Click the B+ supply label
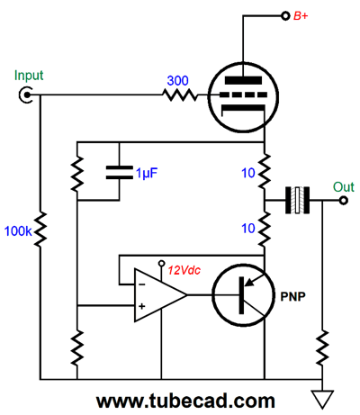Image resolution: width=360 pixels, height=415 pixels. tap(301, 15)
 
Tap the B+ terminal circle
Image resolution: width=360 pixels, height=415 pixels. tap(285, 15)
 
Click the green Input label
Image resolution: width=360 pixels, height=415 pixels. tap(29, 76)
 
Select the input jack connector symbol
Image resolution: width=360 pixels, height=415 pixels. tap(26, 95)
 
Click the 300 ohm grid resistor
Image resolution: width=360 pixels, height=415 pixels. tap(180, 95)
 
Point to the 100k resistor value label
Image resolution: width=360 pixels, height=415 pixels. tap(18, 231)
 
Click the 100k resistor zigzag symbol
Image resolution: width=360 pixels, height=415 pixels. tap(40, 230)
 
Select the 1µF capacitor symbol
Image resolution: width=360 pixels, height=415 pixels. tap(119, 173)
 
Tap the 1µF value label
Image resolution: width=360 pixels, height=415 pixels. tap(147, 173)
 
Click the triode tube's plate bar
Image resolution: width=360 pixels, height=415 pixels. tap(243, 80)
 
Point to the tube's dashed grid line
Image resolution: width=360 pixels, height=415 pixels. tap(243, 95)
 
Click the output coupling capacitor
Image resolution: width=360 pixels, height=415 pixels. tap(297, 200)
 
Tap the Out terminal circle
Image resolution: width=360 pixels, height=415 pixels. tap(344, 200)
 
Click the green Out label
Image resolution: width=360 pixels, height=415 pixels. tap(344, 186)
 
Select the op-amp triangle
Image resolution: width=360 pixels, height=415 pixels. tap(160, 295)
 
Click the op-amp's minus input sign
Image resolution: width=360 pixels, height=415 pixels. tap(142, 284)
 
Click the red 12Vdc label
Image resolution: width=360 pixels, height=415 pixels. tap(184, 270)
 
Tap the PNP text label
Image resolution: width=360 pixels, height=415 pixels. tap(292, 296)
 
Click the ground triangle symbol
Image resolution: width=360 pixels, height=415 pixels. tap(322, 399)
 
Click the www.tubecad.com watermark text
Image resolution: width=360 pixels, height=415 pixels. tap(185, 401)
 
